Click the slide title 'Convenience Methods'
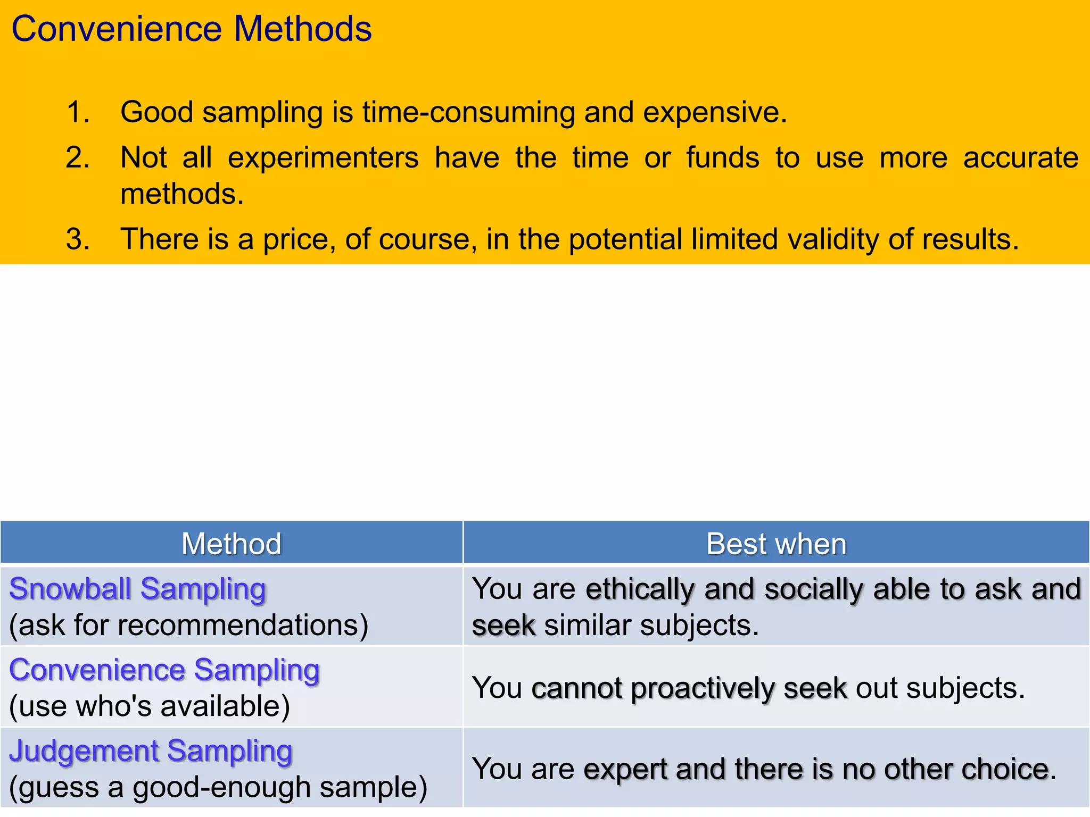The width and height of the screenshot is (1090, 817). (191, 29)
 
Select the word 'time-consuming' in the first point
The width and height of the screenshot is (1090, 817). (468, 112)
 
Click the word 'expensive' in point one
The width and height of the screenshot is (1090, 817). (713, 112)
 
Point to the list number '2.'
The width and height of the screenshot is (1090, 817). (78, 158)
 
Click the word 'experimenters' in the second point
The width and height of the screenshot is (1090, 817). (323, 158)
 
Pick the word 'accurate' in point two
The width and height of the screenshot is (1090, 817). (1020, 158)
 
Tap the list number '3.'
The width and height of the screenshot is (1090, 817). (78, 239)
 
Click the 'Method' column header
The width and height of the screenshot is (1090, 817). (231, 544)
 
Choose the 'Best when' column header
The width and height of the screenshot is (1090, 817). (776, 544)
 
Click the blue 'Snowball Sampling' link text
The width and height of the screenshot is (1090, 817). (137, 589)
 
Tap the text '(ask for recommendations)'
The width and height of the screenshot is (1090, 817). (188, 625)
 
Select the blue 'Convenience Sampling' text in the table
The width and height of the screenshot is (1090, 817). (164, 670)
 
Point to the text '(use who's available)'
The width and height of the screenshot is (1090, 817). (150, 706)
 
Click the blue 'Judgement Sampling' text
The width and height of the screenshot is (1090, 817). (151, 751)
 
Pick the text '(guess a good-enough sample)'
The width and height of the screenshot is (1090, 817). (218, 787)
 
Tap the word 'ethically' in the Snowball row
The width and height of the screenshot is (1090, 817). (640, 589)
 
